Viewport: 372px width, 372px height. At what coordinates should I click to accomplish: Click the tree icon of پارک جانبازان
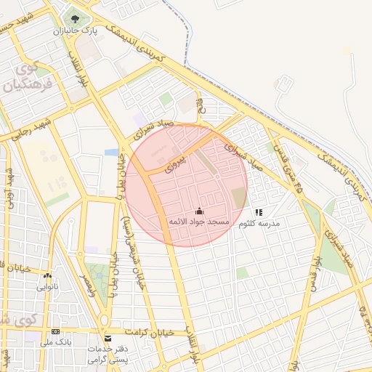pyautogui.click(x=73, y=18)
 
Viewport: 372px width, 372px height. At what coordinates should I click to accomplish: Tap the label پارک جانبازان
pyautogui.click(x=73, y=32)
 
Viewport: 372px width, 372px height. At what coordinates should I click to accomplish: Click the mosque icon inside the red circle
pyautogui.click(x=200, y=211)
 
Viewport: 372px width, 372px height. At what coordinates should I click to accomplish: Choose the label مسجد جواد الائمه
pyautogui.click(x=200, y=221)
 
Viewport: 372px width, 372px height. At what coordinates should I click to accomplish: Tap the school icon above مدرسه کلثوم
pyautogui.click(x=259, y=212)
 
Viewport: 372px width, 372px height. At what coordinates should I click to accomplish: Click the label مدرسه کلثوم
pyautogui.click(x=259, y=224)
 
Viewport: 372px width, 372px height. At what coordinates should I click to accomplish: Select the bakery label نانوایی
pyautogui.click(x=48, y=286)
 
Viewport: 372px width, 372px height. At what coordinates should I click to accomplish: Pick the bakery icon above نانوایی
pyautogui.click(x=48, y=276)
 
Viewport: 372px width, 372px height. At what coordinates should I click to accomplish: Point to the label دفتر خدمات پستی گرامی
pyautogui.click(x=109, y=354)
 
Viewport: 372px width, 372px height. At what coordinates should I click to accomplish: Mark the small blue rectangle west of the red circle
pyautogui.click(x=111, y=153)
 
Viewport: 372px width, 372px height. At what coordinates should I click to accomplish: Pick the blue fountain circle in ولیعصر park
pyautogui.click(x=97, y=266)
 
